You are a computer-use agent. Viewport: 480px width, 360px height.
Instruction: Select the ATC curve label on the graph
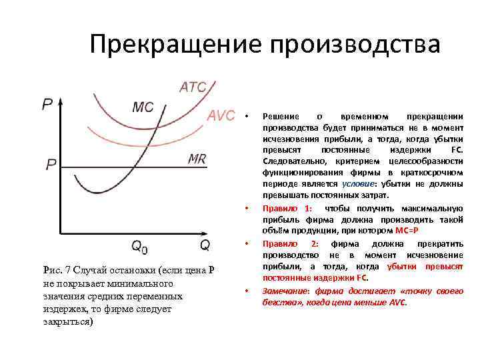[193, 87]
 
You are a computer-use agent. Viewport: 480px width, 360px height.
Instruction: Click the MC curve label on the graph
[143, 107]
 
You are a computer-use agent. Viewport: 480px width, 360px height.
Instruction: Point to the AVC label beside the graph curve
[221, 115]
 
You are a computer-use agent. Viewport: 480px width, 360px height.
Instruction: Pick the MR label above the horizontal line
[197, 158]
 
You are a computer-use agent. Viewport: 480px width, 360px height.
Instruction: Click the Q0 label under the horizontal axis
[139, 246]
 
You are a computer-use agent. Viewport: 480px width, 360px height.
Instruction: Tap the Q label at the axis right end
[205, 245]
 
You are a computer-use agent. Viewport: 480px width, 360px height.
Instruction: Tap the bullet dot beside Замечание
[246, 291]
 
